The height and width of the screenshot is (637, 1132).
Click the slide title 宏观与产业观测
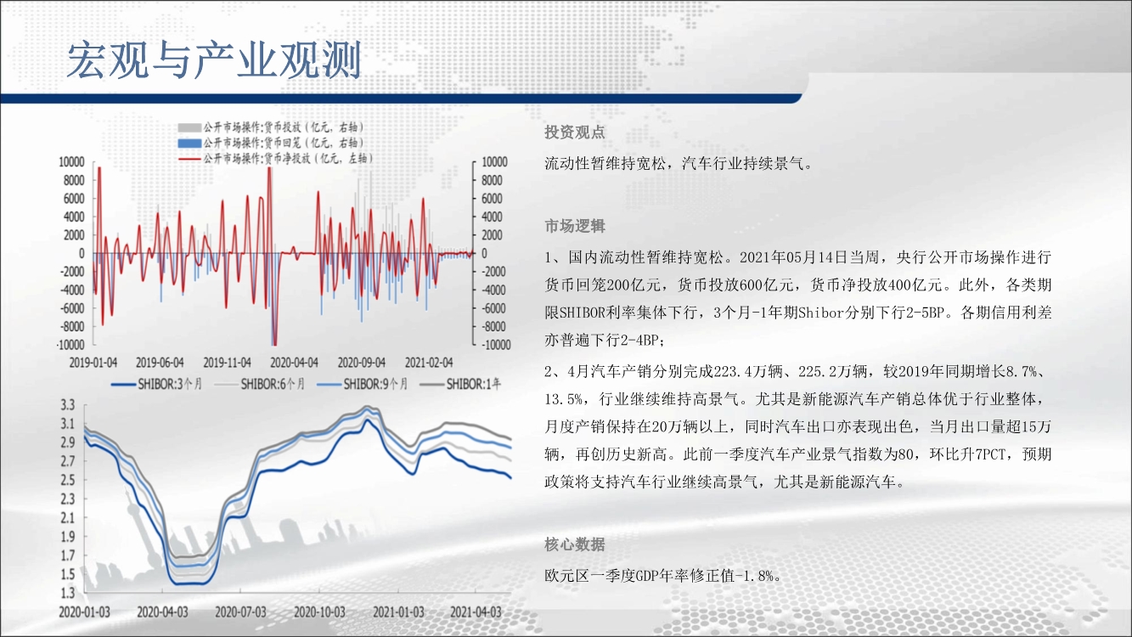coord(214,60)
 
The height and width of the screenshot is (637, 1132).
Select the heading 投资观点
coord(575,132)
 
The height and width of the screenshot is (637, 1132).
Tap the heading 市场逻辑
coord(575,226)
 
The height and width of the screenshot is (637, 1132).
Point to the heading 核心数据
coord(575,544)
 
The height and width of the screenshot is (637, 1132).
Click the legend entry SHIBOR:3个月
coord(156,384)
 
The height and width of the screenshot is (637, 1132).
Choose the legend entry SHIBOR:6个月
coord(260,384)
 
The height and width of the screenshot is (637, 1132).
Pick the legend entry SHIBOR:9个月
coord(363,384)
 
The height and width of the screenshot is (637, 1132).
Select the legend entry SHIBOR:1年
coord(461,384)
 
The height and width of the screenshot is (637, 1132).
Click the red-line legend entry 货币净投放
coord(275,159)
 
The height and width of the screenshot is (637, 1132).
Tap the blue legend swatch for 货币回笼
coord(189,143)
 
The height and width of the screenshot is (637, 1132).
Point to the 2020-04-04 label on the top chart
coord(294,363)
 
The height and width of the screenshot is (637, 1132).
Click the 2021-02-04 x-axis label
coord(429,363)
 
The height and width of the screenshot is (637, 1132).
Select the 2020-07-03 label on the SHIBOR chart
coord(240,612)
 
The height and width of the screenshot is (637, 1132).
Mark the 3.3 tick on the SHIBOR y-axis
coord(68,404)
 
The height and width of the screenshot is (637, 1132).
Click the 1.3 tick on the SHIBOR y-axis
coord(68,593)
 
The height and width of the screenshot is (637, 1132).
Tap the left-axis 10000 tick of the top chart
coord(72,161)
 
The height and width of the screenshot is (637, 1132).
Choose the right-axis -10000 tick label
coord(495,345)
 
